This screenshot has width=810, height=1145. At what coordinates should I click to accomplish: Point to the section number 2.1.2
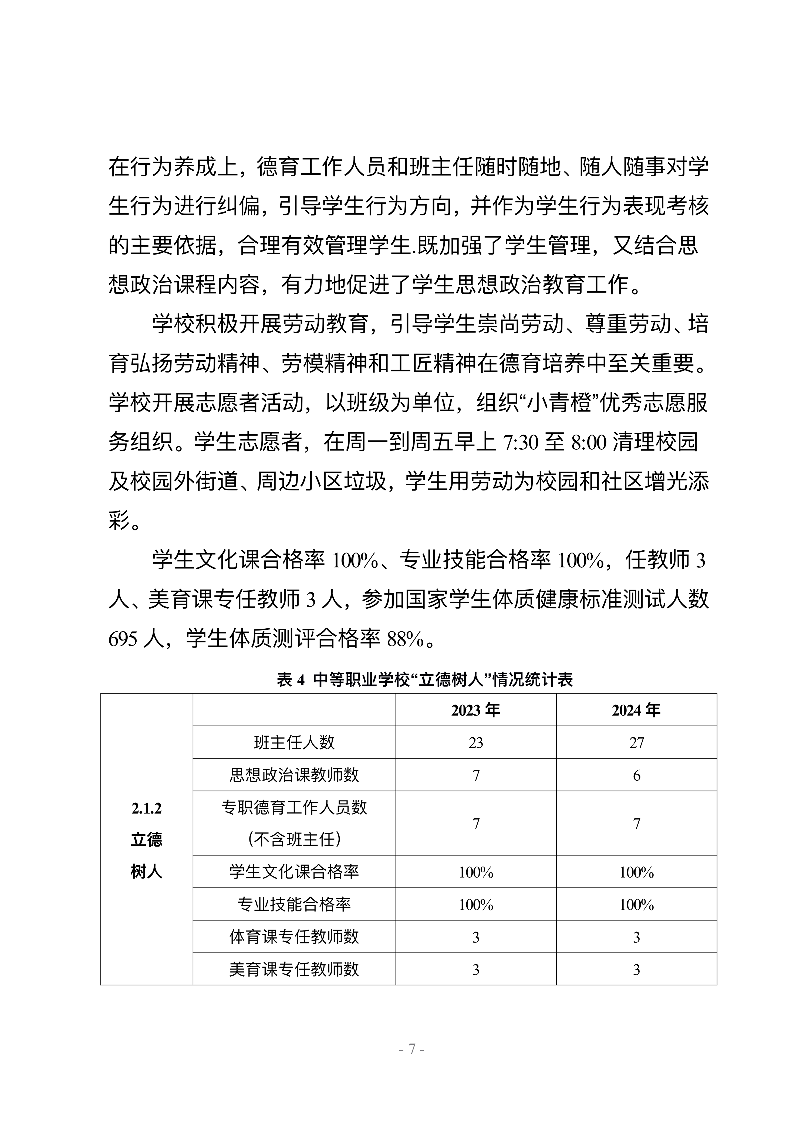pyautogui.click(x=147, y=808)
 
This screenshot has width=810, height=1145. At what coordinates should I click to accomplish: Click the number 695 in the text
pyautogui.click(x=122, y=639)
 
